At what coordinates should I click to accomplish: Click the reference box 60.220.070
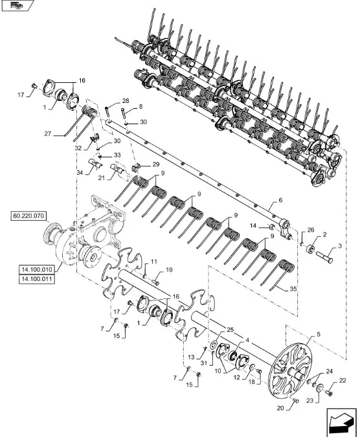click(x=28, y=216)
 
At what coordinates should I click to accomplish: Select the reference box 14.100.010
click(x=37, y=270)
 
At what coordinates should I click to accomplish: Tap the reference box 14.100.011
click(x=37, y=279)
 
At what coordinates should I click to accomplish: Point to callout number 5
click(x=319, y=334)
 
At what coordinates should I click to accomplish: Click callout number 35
click(x=293, y=289)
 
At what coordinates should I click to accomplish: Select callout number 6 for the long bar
click(x=280, y=200)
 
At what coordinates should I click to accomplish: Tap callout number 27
click(x=48, y=134)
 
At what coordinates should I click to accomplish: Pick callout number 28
click(x=126, y=100)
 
